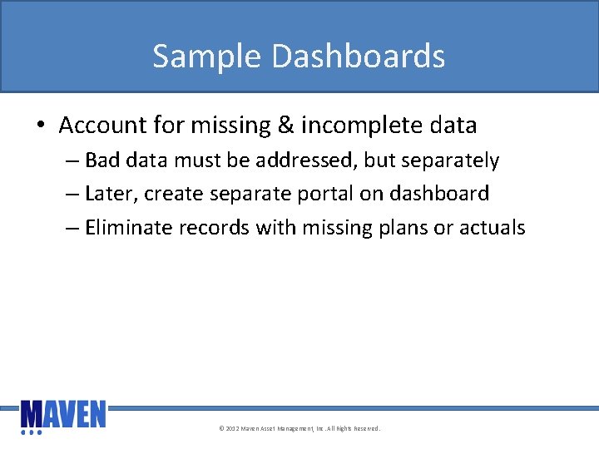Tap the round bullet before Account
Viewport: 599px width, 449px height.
pos(40,126)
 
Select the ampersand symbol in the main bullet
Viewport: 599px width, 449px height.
pos(285,126)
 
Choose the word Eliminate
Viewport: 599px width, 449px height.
pos(128,227)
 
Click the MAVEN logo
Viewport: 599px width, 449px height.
pos(63,413)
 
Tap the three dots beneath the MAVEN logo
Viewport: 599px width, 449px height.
pos(32,432)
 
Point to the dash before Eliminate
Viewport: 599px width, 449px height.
pos(72,227)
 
